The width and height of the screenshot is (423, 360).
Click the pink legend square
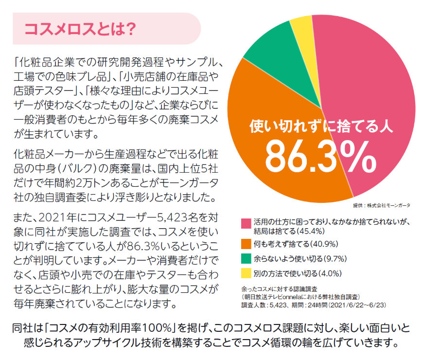point(245,222)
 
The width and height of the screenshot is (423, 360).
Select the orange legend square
point(245,244)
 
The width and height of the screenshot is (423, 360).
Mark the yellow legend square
point(245,273)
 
